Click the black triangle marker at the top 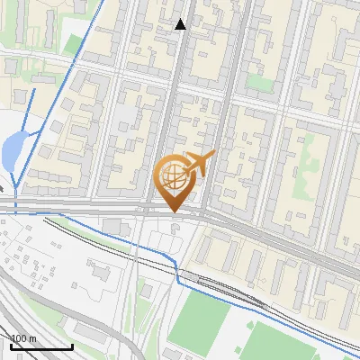180,24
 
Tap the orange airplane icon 199,164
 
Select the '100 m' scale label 24,338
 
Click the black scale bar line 41,346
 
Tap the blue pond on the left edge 13,151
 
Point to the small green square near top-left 72,43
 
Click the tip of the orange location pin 173,211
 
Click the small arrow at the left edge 3,188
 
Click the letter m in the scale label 33,339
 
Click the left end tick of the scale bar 12,346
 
